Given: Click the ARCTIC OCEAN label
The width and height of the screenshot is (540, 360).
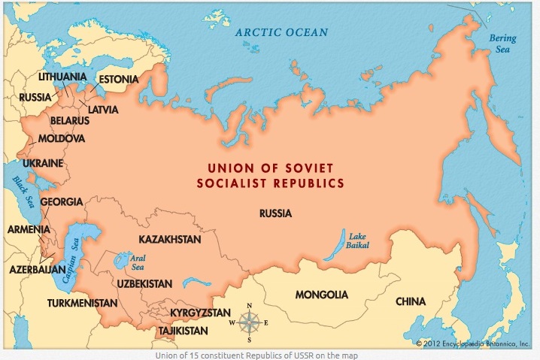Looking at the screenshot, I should [x=281, y=32].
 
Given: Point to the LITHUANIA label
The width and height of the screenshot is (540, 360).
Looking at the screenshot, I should [x=61, y=77].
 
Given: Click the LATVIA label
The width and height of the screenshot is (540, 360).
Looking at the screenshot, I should [x=103, y=109].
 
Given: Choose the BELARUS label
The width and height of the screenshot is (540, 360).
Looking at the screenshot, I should [x=70, y=120].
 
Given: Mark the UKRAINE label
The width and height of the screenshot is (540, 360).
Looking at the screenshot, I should [x=42, y=163].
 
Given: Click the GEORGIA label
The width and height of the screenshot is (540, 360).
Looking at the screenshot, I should [x=61, y=202].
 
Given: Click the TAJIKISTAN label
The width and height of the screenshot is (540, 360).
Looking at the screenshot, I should [x=183, y=330].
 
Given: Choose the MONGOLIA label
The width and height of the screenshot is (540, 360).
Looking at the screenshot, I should [x=322, y=293].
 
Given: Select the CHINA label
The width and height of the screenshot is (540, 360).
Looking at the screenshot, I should [x=411, y=301].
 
